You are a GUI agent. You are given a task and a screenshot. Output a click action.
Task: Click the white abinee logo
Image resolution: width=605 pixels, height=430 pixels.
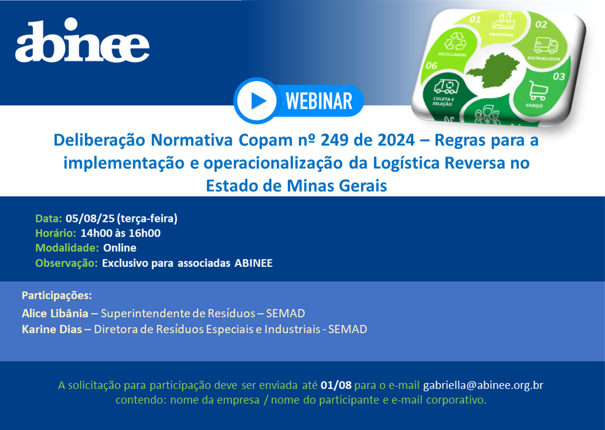tap(82, 40)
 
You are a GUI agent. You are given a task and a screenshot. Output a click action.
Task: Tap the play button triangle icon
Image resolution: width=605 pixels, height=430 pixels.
tap(258, 101)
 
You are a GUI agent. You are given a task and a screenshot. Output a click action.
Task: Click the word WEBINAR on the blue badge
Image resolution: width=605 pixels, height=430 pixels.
tap(319, 101)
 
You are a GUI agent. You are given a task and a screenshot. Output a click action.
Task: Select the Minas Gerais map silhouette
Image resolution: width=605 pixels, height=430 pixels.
tap(493, 71)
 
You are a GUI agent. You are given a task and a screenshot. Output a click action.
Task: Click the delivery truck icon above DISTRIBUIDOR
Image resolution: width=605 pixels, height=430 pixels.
tap(546, 46)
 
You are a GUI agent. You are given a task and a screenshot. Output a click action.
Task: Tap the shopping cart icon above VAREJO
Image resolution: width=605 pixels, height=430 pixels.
tap(538, 91)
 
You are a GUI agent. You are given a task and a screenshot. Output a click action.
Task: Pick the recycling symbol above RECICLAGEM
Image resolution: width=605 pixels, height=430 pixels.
tap(456, 42)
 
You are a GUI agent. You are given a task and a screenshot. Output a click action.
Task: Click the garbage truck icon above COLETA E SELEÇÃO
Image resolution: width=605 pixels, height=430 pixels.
tap(446, 86)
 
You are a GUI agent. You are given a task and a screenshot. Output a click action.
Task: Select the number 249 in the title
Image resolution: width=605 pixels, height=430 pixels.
tap(334, 140)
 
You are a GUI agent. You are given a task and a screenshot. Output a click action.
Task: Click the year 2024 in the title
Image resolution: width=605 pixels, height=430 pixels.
tap(396, 140)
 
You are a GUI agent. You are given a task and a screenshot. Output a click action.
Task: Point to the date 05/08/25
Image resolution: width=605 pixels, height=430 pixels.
tap(90, 218)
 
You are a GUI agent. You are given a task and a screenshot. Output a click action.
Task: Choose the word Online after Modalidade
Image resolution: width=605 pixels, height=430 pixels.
tap(119, 248)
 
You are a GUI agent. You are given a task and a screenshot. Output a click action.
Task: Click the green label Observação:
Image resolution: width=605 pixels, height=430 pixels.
tap(66, 263)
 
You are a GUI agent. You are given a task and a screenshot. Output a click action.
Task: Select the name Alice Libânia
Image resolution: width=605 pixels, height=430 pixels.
tap(55, 313)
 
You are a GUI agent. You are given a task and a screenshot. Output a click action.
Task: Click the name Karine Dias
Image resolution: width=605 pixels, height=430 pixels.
tap(52, 329)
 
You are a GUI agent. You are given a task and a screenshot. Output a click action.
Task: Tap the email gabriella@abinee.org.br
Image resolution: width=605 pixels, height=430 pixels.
tap(483, 385)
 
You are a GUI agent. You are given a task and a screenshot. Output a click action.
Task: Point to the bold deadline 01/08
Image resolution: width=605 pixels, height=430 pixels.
tap(336, 385)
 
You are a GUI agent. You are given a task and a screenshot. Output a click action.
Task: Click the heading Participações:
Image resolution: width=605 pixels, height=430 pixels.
tap(57, 295)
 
